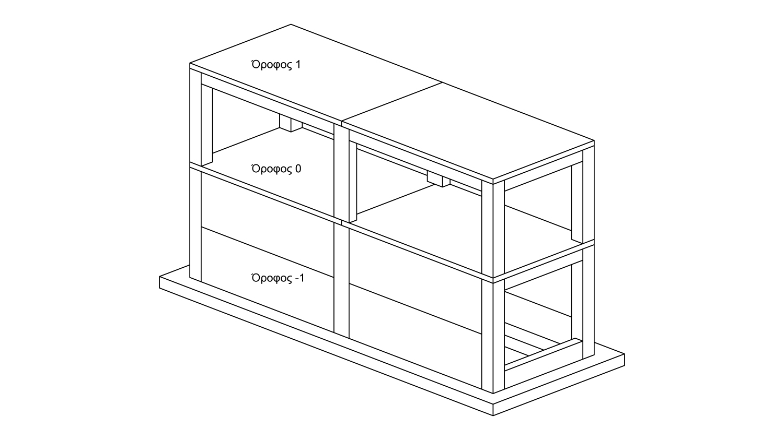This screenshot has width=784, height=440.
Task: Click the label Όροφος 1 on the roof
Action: pyautogui.click(x=276, y=65)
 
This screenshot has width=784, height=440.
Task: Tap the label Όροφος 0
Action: pyautogui.click(x=276, y=169)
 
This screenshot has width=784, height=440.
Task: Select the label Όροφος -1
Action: pyautogui.click(x=278, y=278)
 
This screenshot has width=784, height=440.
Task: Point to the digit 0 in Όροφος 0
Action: pyautogui.click(x=298, y=169)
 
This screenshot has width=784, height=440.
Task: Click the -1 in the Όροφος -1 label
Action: pyautogui.click(x=299, y=278)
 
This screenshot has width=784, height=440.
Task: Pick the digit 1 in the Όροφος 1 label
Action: pyautogui.click(x=298, y=65)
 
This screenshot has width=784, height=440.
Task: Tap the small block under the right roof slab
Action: pyautogui.click(x=438, y=179)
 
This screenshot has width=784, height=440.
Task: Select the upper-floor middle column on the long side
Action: pyautogui.click(x=341, y=172)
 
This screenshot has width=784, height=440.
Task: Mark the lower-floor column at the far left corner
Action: pyautogui.click(x=195, y=224)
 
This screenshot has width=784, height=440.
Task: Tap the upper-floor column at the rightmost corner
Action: pyautogui.click(x=589, y=196)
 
